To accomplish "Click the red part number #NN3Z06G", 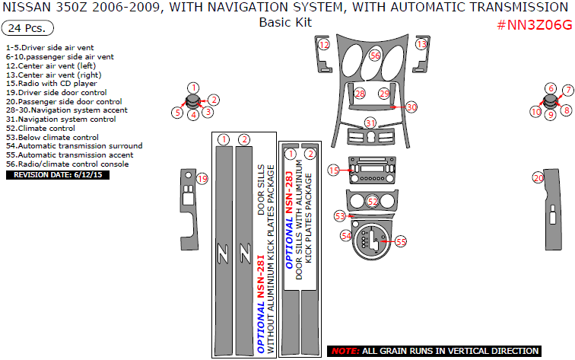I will tap(533, 24).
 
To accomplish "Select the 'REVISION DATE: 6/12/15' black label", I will tap(58, 174).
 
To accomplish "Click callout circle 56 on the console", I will tap(375, 56).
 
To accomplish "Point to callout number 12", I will tap(324, 46).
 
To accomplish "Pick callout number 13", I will tap(421, 46).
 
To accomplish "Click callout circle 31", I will tap(370, 123).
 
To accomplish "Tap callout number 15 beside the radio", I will tap(334, 170).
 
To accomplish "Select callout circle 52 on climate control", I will tap(373, 202).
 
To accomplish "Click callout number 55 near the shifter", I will tap(401, 241).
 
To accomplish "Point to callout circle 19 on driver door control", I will tap(202, 179).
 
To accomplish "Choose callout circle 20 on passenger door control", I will tap(538, 177).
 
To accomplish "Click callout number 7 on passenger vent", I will tap(567, 91).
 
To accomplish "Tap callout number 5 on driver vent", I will tap(177, 113).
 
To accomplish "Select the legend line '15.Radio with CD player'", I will tap(51, 84).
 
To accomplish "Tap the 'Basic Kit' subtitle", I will tap(285, 22).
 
